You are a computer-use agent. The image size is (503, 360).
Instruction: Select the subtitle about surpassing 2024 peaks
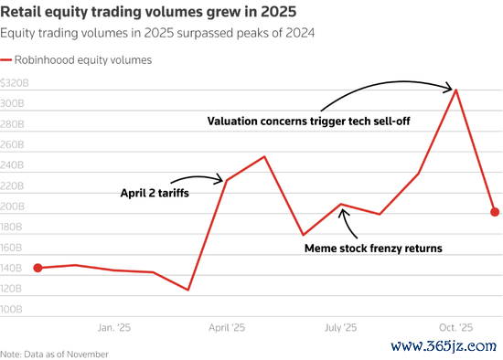tap(157, 34)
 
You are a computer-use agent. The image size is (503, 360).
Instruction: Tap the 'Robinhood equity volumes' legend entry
tap(82, 59)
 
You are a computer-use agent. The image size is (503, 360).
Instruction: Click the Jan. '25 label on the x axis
tap(113, 326)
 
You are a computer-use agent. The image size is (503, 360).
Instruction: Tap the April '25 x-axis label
tap(227, 326)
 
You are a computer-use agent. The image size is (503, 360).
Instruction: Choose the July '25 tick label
tap(341, 326)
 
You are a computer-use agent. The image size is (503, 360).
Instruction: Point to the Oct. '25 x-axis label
tap(455, 326)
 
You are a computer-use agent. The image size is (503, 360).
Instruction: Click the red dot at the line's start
tap(37, 268)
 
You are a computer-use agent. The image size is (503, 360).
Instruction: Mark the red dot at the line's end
tap(495, 212)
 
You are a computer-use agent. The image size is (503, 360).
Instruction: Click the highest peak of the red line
tap(456, 90)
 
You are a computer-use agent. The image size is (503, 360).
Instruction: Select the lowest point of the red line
tap(188, 291)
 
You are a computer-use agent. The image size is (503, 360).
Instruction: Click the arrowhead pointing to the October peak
tap(451, 89)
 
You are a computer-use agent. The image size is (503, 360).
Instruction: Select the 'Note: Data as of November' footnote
tap(55, 353)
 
